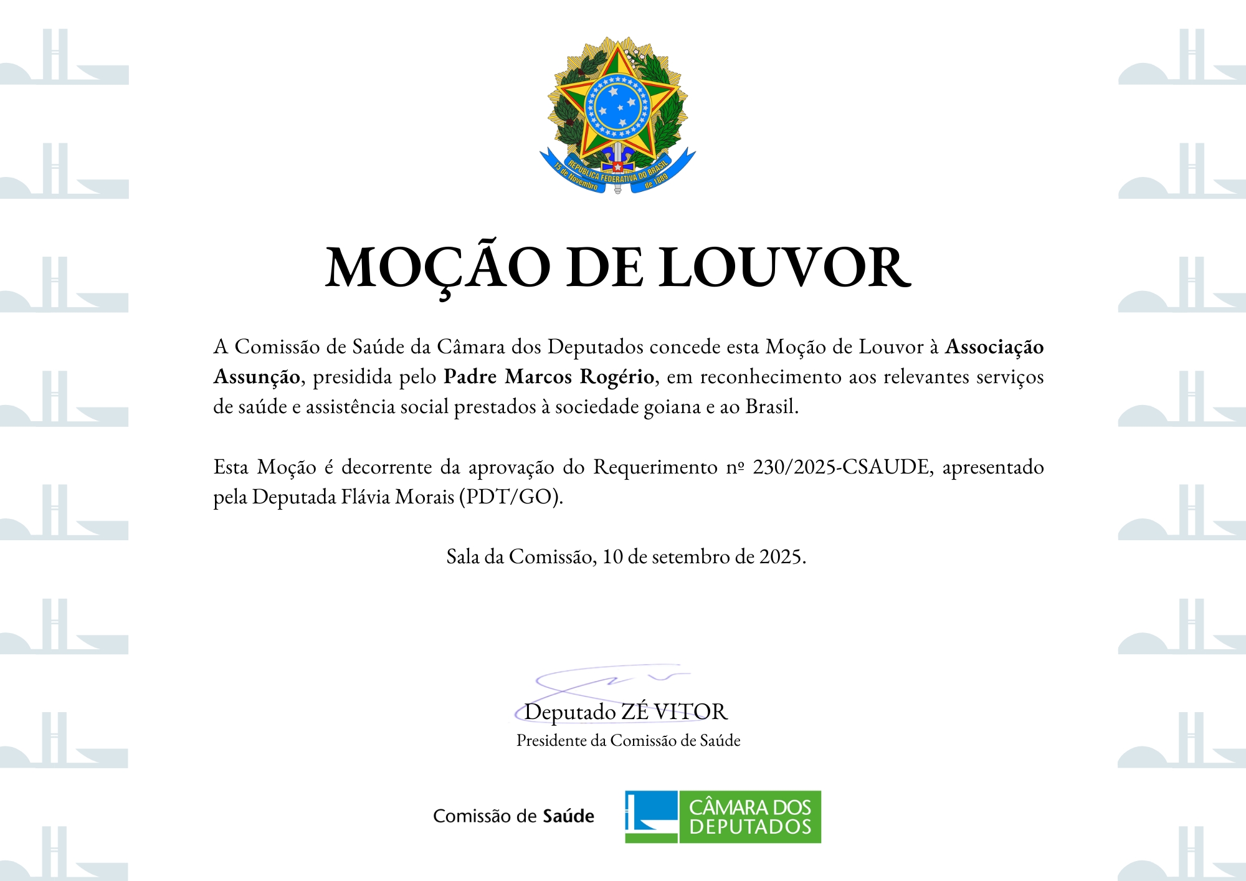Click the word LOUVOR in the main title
pos(785,268)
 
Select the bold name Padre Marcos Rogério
pos(548,377)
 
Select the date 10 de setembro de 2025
pos(703,556)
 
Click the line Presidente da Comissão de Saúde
pos(628,741)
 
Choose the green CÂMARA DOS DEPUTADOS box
pos(750,817)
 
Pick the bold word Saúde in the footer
pos(568,816)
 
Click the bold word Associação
pos(994,347)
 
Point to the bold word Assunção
pos(257,377)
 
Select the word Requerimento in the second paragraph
pos(655,467)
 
